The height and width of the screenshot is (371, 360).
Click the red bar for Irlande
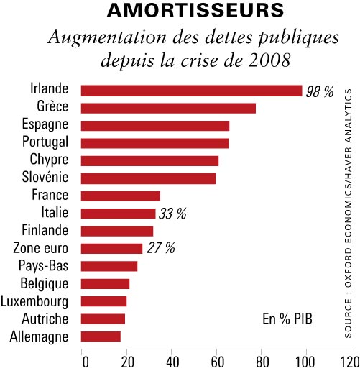click(x=191, y=91)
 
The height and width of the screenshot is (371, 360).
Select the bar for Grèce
click(x=168, y=108)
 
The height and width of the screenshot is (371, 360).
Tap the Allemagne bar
click(x=101, y=336)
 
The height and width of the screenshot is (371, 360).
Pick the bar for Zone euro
click(x=111, y=249)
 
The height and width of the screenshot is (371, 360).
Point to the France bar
click(x=121, y=196)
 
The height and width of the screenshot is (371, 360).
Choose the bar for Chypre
click(x=149, y=161)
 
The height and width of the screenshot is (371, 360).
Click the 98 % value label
click(x=320, y=91)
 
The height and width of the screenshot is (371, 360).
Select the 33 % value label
click(x=172, y=214)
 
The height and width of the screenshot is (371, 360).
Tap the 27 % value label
click(x=161, y=248)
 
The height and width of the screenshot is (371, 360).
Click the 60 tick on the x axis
click(x=217, y=362)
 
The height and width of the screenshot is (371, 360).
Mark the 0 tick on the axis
click(x=86, y=362)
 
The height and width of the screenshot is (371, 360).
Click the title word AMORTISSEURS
click(x=195, y=11)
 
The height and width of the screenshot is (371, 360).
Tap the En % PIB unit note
click(x=287, y=319)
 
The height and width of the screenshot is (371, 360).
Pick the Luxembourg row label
click(x=34, y=302)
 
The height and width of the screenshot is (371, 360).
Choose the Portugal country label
click(x=45, y=142)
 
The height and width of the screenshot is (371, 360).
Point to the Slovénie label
click(x=45, y=177)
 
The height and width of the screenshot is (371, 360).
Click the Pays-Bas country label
click(x=44, y=266)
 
